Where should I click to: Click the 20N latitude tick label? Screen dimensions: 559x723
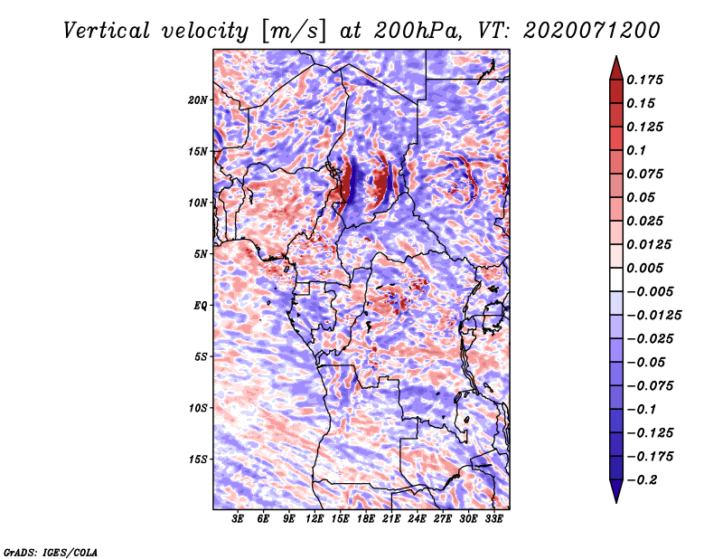pyautogui.click(x=198, y=99)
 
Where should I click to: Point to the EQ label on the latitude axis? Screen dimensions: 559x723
pyautogui.click(x=201, y=305)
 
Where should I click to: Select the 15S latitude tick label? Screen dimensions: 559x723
pyautogui.click(x=198, y=459)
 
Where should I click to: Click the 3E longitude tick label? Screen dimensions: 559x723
pyautogui.click(x=239, y=519)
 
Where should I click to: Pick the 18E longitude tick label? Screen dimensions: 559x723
pyautogui.click(x=366, y=519)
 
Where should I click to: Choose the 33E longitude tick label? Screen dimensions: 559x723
pyautogui.click(x=493, y=519)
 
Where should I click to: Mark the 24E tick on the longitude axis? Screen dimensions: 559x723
pyautogui.click(x=417, y=519)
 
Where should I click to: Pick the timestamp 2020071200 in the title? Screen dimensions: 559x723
pyautogui.click(x=584, y=30)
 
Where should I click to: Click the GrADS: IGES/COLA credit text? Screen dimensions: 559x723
pyautogui.click(x=51, y=551)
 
